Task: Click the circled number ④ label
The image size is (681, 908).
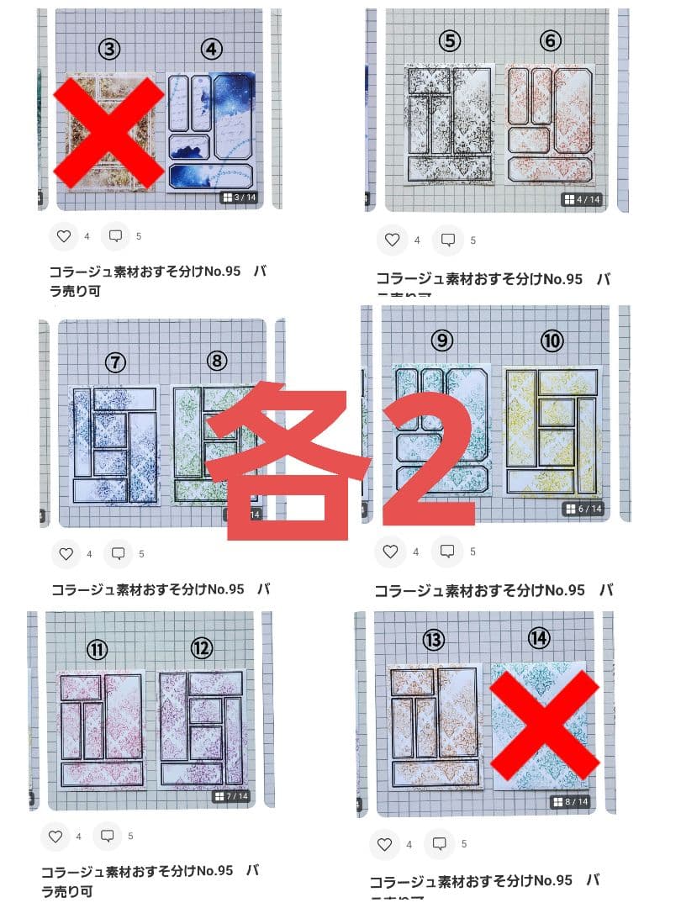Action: click(x=212, y=50)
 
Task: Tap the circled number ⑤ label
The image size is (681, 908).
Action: click(x=450, y=40)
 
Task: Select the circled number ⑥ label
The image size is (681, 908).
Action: click(x=551, y=40)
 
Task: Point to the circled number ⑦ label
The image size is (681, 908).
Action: click(x=116, y=362)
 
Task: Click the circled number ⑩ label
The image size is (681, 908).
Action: click(x=552, y=340)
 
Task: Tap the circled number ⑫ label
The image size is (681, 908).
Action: click(x=202, y=648)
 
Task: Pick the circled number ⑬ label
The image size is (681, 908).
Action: click(x=433, y=640)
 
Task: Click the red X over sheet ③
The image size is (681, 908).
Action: click(x=109, y=132)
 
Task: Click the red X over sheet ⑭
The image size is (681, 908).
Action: click(x=544, y=725)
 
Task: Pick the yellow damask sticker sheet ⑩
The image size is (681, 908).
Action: click(x=552, y=430)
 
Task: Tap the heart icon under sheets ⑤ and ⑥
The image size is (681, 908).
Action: click(x=392, y=240)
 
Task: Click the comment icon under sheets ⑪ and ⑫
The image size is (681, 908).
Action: click(x=108, y=837)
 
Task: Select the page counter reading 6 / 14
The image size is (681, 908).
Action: click(x=583, y=509)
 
